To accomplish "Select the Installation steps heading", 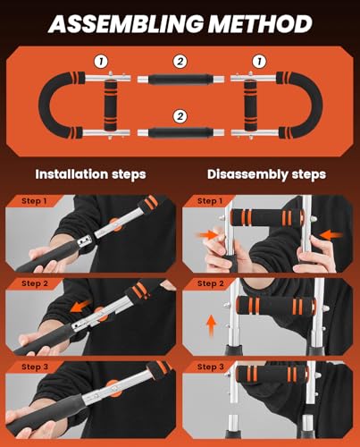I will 89,174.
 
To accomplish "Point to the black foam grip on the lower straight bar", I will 180,132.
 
